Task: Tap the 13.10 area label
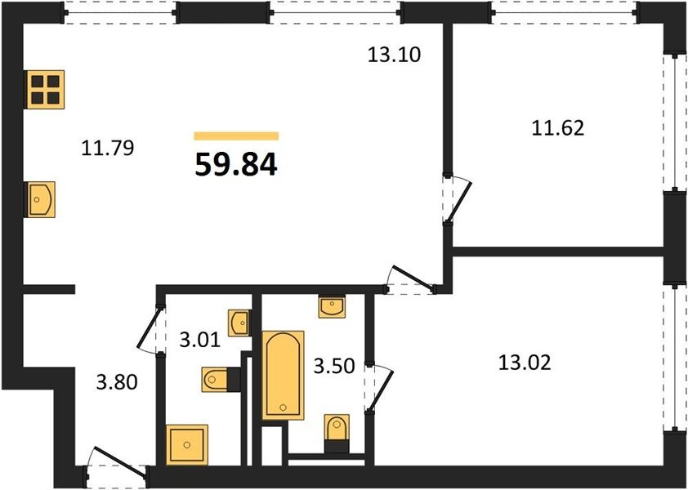[394, 56]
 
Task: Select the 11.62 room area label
[558, 128]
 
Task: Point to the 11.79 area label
[108, 148]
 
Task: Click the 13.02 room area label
[525, 363]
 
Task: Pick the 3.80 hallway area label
[117, 382]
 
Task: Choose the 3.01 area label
[199, 340]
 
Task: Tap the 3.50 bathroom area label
[334, 366]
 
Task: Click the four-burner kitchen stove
[45, 90]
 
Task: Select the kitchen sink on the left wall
[41, 199]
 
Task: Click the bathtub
[283, 375]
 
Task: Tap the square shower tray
[187, 444]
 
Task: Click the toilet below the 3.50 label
[337, 428]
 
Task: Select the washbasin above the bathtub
[333, 306]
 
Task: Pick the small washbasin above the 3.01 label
[239, 323]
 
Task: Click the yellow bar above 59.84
[236, 136]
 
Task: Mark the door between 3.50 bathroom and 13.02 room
[378, 387]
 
